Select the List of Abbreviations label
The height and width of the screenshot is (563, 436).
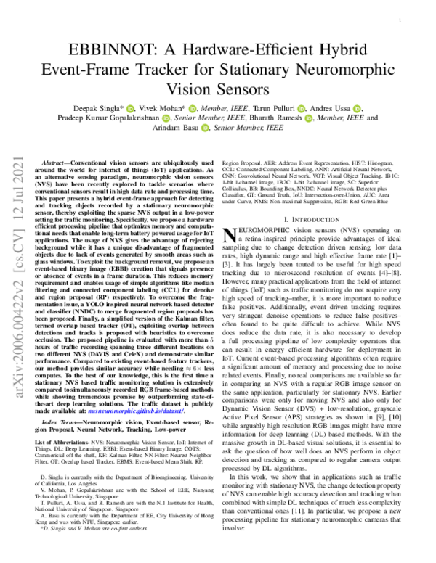point(71,441)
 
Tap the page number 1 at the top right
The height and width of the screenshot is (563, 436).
point(400,22)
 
